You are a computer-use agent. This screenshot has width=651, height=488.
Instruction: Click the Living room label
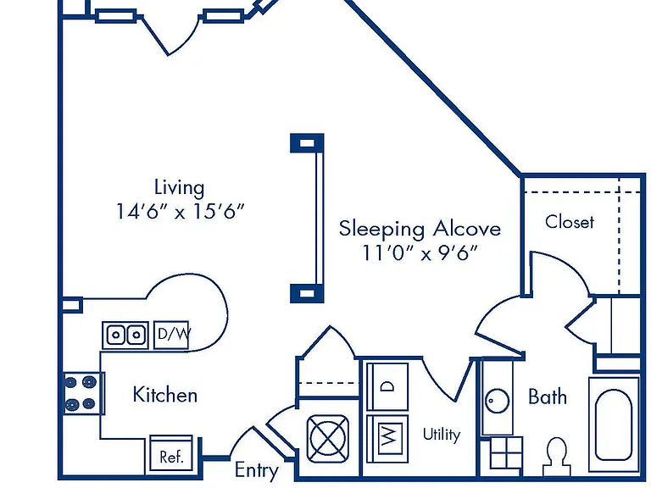[180, 188]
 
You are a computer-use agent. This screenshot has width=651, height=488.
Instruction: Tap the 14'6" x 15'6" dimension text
[180, 211]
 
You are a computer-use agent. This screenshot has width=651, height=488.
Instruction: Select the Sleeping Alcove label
[420, 230]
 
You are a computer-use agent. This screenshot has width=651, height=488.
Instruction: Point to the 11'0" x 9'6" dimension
[420, 252]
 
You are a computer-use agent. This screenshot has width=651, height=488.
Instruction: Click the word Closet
[570, 222]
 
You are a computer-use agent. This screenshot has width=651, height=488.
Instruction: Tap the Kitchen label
[164, 395]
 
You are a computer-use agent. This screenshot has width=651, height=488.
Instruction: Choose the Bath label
[548, 396]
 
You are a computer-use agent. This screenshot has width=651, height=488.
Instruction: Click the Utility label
[442, 435]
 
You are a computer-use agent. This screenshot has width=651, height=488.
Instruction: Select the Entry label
[256, 470]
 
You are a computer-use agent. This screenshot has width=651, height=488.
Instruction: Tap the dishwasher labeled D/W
[171, 335]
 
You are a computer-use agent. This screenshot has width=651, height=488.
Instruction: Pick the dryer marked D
[387, 386]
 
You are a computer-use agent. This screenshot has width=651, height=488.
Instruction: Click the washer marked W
[387, 439]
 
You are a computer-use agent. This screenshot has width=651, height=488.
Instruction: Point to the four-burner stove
[81, 392]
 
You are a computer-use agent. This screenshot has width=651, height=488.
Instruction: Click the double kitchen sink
[125, 335]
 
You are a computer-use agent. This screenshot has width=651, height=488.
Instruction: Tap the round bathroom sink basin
[497, 401]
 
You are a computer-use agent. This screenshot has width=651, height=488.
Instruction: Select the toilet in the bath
[556, 456]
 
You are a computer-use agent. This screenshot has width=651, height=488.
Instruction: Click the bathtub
[614, 424]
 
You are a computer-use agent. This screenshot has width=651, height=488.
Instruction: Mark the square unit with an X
[327, 439]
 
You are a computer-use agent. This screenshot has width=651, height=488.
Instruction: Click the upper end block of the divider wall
[307, 143]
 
